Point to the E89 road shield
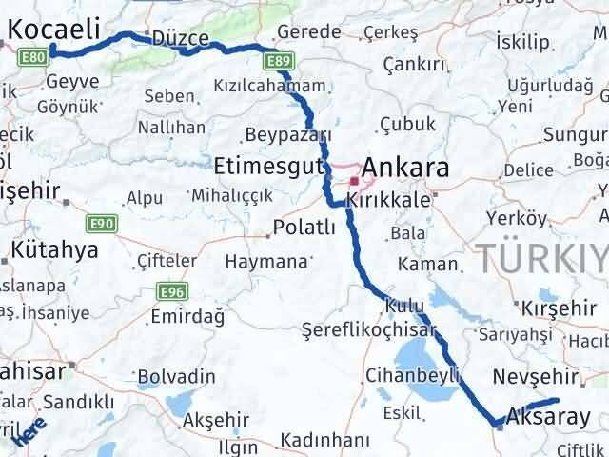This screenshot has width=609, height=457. [278, 62]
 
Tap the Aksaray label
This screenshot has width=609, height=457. [549, 416]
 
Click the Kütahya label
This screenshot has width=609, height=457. [55, 251]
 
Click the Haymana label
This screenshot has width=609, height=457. [266, 260]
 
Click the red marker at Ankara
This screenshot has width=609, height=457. [354, 180]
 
